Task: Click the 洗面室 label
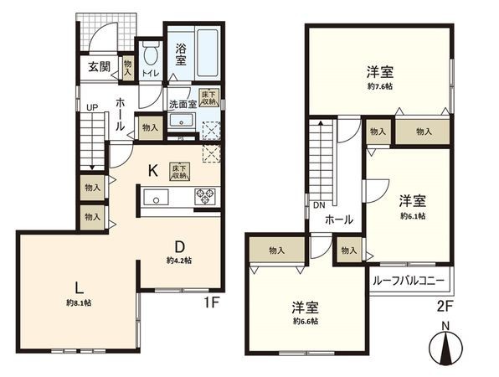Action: pyautogui.click(x=182, y=105)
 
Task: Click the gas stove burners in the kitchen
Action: pyautogui.click(x=205, y=198)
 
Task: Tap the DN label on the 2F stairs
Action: pyautogui.click(x=319, y=205)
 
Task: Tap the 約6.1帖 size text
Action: pyautogui.click(x=412, y=215)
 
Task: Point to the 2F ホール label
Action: pyautogui.click(x=338, y=219)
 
